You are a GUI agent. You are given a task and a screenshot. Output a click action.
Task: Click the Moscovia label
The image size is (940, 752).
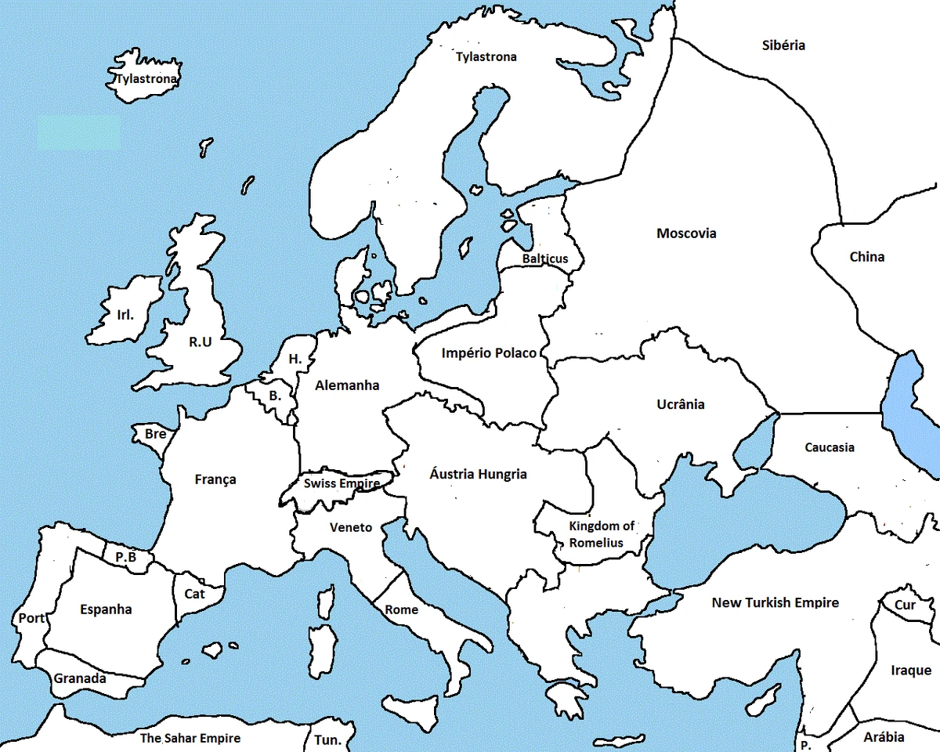coord(686,233)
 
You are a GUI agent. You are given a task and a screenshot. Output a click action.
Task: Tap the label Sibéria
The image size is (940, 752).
coord(783,45)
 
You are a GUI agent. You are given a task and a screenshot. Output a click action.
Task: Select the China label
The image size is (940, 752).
coord(867,257)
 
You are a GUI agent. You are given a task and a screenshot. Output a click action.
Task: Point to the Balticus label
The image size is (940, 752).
coord(545,259)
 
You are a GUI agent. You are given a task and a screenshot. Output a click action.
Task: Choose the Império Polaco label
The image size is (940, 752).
coord(489,353)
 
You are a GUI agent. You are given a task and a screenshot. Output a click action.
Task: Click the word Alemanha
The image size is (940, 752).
coord(347,385)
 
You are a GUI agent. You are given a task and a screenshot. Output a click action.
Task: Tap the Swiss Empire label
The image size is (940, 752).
coord(342,483)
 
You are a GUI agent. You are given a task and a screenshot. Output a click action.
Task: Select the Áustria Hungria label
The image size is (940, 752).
coord(478,474)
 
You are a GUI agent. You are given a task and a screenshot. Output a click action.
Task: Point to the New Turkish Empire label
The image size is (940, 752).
coord(775,602)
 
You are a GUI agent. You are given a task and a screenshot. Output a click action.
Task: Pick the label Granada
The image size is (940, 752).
coord(80,678)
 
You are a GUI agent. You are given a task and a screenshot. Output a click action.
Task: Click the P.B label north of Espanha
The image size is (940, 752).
coord(125,557)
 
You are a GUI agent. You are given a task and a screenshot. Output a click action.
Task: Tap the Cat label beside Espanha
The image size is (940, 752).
coord(194,594)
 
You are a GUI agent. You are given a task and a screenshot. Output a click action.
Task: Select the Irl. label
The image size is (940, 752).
coord(125,315)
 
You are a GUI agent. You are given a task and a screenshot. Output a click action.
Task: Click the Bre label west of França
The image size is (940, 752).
coord(155,434)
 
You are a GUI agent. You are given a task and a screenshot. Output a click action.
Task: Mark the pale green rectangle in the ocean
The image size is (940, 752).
coord(78,133)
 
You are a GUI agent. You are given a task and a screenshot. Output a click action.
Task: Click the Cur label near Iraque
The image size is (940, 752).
coord(905,606)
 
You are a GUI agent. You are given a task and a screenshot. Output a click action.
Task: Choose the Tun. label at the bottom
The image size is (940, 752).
coord(327,740)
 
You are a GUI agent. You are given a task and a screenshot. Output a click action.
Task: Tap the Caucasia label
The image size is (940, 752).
coord(830,447)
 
